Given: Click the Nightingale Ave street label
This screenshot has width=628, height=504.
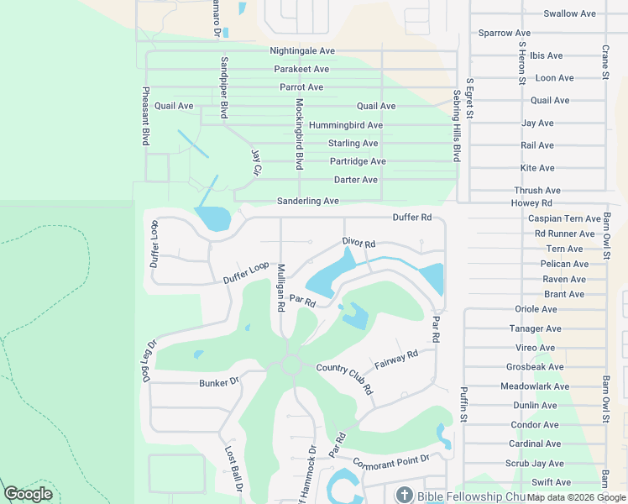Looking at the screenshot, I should point(302,51).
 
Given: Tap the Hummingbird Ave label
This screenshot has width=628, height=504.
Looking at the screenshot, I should point(345,125).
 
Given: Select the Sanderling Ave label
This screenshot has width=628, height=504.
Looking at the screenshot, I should point(308,202).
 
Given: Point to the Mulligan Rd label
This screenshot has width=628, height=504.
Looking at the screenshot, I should point(281,288).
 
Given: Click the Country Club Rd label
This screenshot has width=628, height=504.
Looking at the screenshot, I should point(344,378).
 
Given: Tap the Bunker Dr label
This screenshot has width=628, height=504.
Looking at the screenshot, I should point(219,382).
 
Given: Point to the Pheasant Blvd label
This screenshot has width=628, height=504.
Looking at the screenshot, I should point(146,117).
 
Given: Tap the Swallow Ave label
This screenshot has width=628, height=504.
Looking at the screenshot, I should point(569,13).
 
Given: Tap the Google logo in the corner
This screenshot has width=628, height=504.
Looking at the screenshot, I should point(28,494).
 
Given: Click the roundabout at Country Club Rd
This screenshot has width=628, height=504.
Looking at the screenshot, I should point(291,365).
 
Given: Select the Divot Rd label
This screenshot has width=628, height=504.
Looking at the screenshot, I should point(358,243).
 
